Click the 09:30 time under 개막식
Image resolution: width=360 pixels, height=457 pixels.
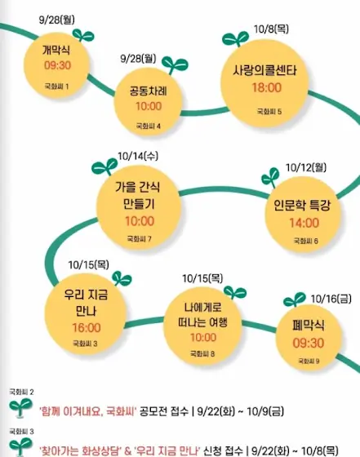click(57, 65)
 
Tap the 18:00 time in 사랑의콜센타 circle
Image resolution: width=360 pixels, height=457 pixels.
click(267, 87)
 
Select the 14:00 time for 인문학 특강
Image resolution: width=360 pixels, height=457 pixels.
click(304, 223)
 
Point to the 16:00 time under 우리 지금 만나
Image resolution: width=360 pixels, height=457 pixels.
click(87, 327)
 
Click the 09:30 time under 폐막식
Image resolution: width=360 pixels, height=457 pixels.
click(309, 343)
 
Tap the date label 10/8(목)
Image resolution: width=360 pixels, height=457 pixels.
click(271, 29)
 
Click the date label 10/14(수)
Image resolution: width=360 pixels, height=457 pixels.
click(138, 156)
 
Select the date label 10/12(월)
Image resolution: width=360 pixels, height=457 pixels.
click(306, 167)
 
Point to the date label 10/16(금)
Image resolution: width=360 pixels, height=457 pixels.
click(331, 299)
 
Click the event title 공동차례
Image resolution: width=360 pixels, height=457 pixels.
click(149, 91)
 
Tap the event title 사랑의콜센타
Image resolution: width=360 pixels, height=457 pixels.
click(265, 70)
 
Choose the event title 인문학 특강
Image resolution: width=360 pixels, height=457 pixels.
click(302, 205)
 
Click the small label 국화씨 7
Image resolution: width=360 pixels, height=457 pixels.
click(140, 239)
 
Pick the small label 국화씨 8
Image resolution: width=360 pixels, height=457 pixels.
click(202, 354)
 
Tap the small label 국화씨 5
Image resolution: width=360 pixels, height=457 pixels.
click(269, 111)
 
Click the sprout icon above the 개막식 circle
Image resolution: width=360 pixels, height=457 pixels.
click(83, 35)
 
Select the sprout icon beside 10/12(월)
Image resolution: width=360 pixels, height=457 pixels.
click(270, 177)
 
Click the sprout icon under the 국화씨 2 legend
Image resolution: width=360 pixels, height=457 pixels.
click(20, 407)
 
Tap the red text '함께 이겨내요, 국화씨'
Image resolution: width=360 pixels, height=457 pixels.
click(87, 411)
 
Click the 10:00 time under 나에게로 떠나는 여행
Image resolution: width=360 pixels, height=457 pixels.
click(203, 338)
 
